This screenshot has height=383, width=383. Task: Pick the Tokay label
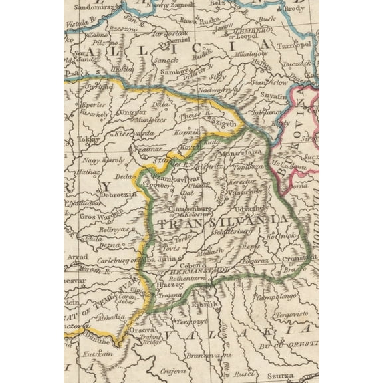click(x=88, y=140)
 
